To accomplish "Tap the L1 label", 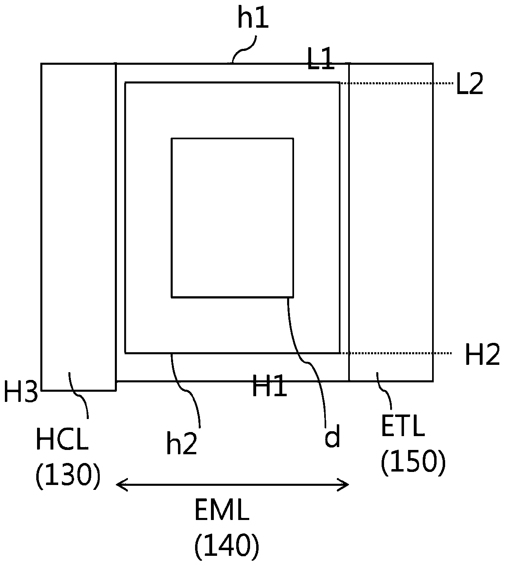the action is click(321, 59).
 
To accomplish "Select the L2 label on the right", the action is click(470, 84).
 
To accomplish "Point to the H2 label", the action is click(482, 354).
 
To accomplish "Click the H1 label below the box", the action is click(270, 386).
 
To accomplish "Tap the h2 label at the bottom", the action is click(182, 443).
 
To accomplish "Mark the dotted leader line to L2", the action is click(396, 83).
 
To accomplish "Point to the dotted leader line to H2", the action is click(396, 353).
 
